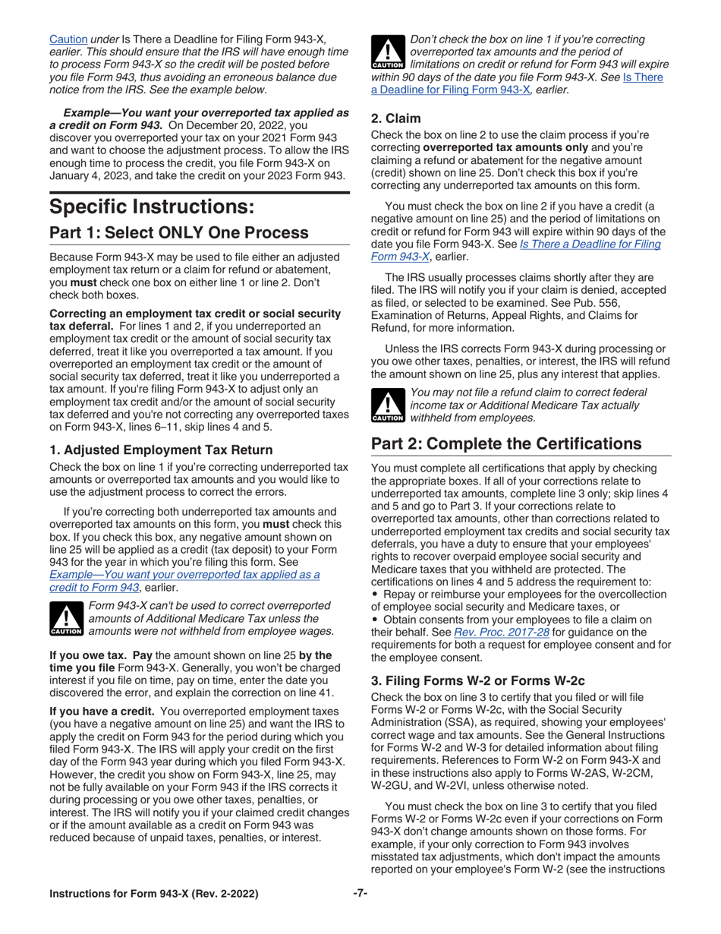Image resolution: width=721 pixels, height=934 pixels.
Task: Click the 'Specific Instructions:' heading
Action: pos(146,206)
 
